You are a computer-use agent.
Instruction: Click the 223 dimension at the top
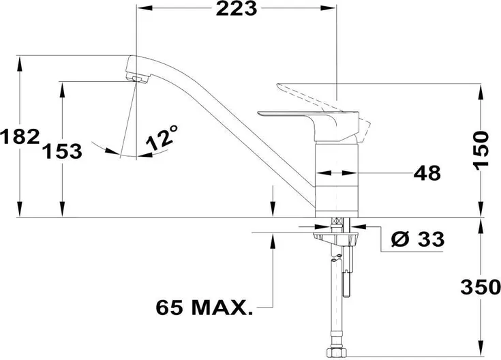pos(237,9)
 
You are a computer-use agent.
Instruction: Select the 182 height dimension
pos(20,137)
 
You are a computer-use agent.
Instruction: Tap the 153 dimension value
pos(62,151)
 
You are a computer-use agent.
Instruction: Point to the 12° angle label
pos(162,138)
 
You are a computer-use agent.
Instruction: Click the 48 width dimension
pos(427,173)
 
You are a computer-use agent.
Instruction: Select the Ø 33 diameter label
pos(418,239)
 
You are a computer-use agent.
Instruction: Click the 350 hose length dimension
pos(481,287)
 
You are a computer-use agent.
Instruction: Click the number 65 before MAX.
pos(169,307)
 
